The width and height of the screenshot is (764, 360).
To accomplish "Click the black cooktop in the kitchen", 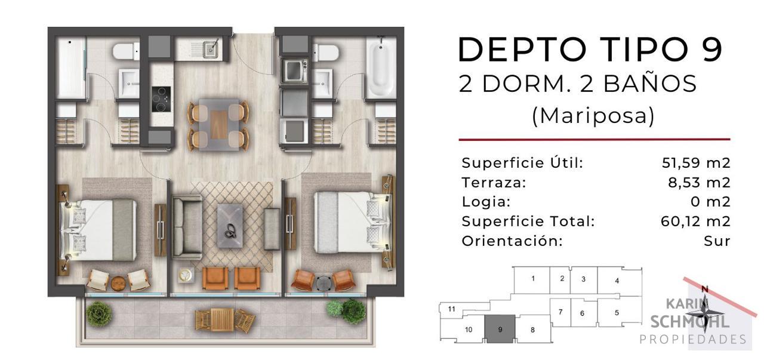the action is click(161, 99).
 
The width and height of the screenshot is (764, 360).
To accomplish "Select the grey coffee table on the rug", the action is click(230, 226).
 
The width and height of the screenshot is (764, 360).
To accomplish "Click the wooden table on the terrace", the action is click(222, 320).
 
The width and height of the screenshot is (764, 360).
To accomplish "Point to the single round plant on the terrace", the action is click(99, 314).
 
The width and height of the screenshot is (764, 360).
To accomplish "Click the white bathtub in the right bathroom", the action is click(381, 67).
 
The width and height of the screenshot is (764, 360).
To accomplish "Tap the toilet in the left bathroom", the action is click(126, 52).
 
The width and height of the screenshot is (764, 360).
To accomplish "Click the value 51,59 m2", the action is click(696, 163).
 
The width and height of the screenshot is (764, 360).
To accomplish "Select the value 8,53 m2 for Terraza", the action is click(699, 183).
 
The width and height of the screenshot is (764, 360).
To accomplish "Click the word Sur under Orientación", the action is click(717, 241).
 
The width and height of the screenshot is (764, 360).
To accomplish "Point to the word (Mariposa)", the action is click(593, 116).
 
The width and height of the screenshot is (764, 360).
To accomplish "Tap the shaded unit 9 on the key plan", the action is click(500, 329).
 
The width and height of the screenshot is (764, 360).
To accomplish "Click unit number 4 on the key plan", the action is click(617, 281).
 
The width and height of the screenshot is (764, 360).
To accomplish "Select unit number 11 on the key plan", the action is click(452, 309).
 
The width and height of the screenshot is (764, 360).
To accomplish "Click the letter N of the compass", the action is click(705, 290).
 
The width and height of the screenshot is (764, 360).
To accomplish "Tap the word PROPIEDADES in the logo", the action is click(693, 340).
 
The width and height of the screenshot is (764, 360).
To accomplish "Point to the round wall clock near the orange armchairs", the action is click(186, 275).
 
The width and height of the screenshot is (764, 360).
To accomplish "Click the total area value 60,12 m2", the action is click(695, 221).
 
